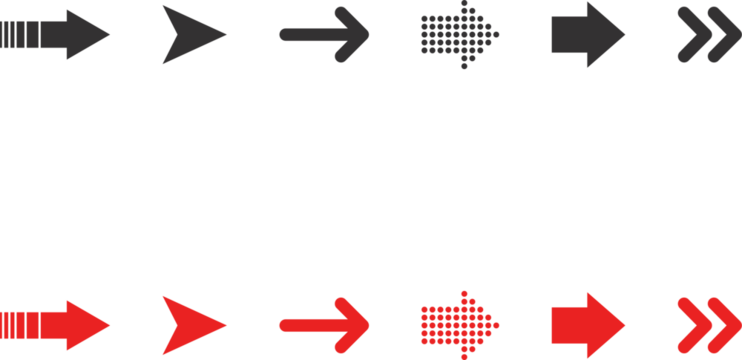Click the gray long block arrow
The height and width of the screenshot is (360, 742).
(50, 35)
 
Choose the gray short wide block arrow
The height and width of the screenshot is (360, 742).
(585, 35)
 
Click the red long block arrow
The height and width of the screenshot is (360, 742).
(50, 324)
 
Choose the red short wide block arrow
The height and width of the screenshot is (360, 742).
(585, 324)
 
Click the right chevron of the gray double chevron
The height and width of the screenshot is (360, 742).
(721, 35)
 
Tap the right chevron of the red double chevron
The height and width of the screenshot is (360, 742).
(721, 324)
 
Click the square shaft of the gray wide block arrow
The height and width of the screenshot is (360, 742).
(567, 35)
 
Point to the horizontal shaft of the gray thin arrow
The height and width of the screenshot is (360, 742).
(310, 35)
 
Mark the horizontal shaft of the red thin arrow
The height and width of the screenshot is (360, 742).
(310, 324)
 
